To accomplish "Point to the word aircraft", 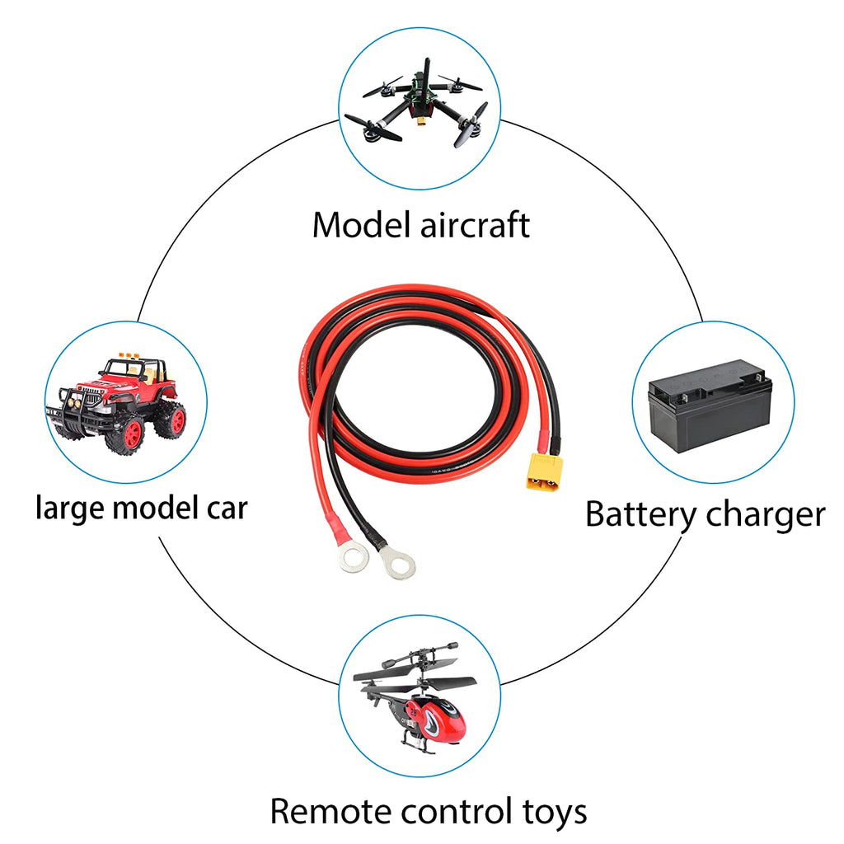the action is (x=475, y=225).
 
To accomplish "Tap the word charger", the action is (x=765, y=515).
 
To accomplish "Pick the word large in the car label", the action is (x=69, y=509).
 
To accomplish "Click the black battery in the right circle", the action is (x=710, y=406).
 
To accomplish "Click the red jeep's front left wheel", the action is (x=128, y=433).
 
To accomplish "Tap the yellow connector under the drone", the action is (x=422, y=124).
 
